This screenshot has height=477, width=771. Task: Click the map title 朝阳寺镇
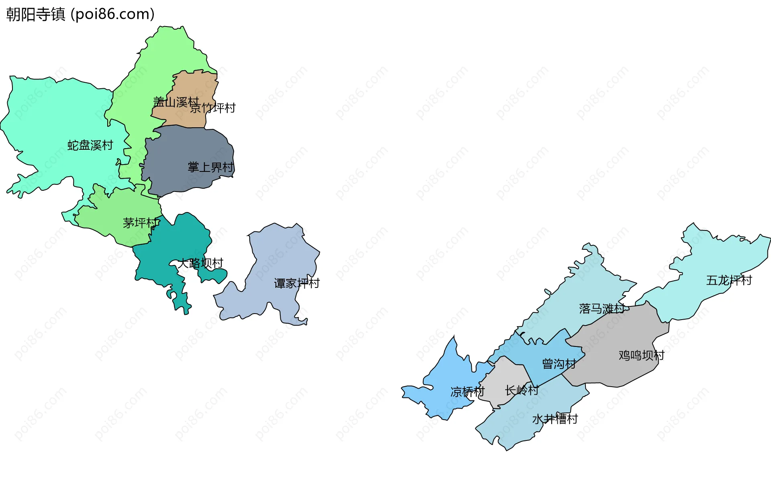35,14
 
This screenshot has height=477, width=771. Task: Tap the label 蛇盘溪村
90,145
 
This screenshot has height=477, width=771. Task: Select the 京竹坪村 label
213,108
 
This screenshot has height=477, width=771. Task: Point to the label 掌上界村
210,167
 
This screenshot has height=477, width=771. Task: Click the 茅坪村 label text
141,223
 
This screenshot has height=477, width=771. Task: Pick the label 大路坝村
200,263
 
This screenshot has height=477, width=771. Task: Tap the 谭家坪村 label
297,283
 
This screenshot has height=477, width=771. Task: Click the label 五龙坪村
729,280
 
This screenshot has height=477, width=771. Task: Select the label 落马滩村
602,308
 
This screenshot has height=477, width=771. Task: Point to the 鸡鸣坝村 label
641,355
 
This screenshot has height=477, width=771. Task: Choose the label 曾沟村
559,364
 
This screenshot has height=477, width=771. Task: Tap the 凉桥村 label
467,391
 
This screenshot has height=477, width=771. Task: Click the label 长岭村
522,390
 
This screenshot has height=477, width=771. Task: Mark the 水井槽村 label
555,419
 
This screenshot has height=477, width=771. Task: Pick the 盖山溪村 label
176,102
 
